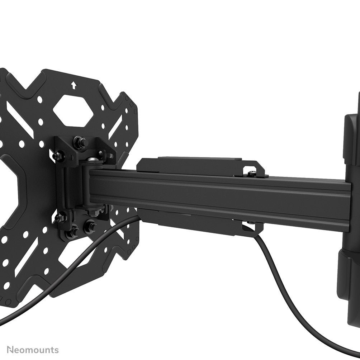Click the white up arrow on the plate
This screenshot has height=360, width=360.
[x=74, y=85]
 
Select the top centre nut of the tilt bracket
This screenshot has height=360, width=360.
[x=79, y=143]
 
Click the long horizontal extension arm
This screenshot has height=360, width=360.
[x=222, y=195]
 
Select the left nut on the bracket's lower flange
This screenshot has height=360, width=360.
[x=60, y=217]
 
